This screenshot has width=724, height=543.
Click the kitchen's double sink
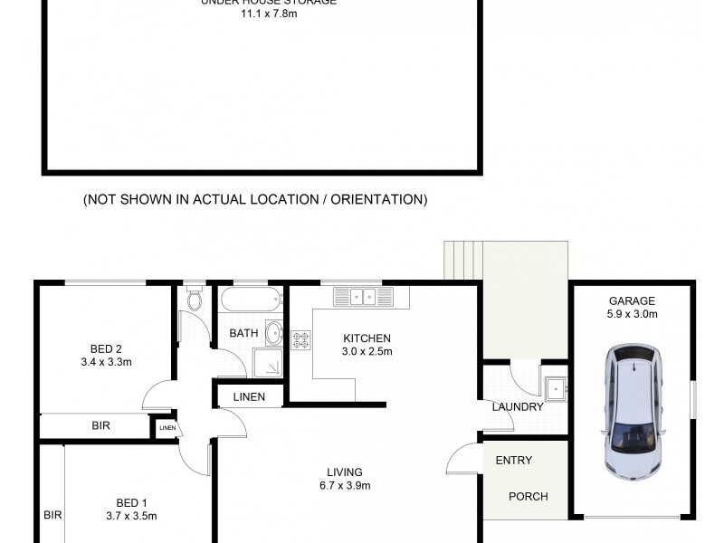click(363, 296)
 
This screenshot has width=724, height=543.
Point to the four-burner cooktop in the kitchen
click(300, 340)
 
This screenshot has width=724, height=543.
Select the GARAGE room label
click(632, 301)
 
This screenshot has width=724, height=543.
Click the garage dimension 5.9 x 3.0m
click(632, 315)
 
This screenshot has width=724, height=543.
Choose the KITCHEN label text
click(367, 338)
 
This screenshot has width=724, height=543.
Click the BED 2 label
click(106, 349)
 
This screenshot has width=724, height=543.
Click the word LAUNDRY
click(518, 407)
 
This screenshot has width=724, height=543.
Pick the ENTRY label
click(513, 461)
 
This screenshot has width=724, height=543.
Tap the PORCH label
click(528, 496)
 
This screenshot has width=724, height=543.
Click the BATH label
click(243, 333)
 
